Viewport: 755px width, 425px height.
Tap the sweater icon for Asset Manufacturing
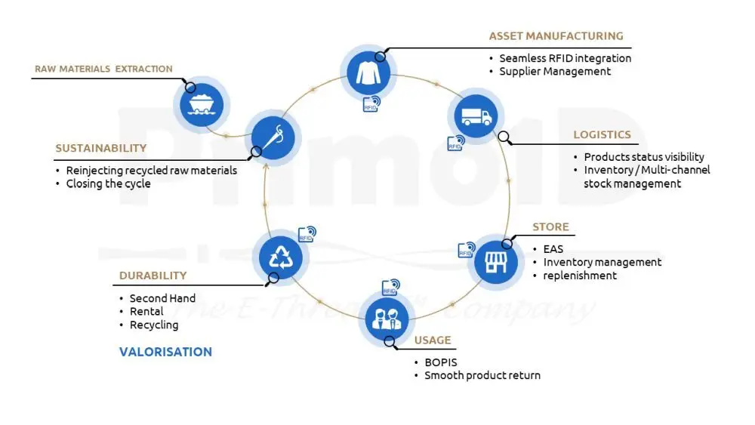coord(369,72)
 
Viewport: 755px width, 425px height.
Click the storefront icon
coord(495,260)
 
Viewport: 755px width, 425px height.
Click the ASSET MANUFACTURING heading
coord(556,35)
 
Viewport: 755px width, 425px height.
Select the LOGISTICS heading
coord(602,134)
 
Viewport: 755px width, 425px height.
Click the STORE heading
coord(550,226)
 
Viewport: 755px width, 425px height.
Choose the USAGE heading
coord(432,340)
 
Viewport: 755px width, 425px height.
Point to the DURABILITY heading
coord(153,276)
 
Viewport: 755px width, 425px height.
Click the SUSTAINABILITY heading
coord(100,148)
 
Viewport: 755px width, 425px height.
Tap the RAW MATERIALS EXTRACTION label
coord(103,69)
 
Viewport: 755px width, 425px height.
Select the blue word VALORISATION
coord(165,352)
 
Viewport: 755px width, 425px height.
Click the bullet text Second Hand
coord(162,298)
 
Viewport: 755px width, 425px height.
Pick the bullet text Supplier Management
coord(555,71)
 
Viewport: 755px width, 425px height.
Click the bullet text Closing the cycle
coord(108,183)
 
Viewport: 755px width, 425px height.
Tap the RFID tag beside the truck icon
coord(455,142)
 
